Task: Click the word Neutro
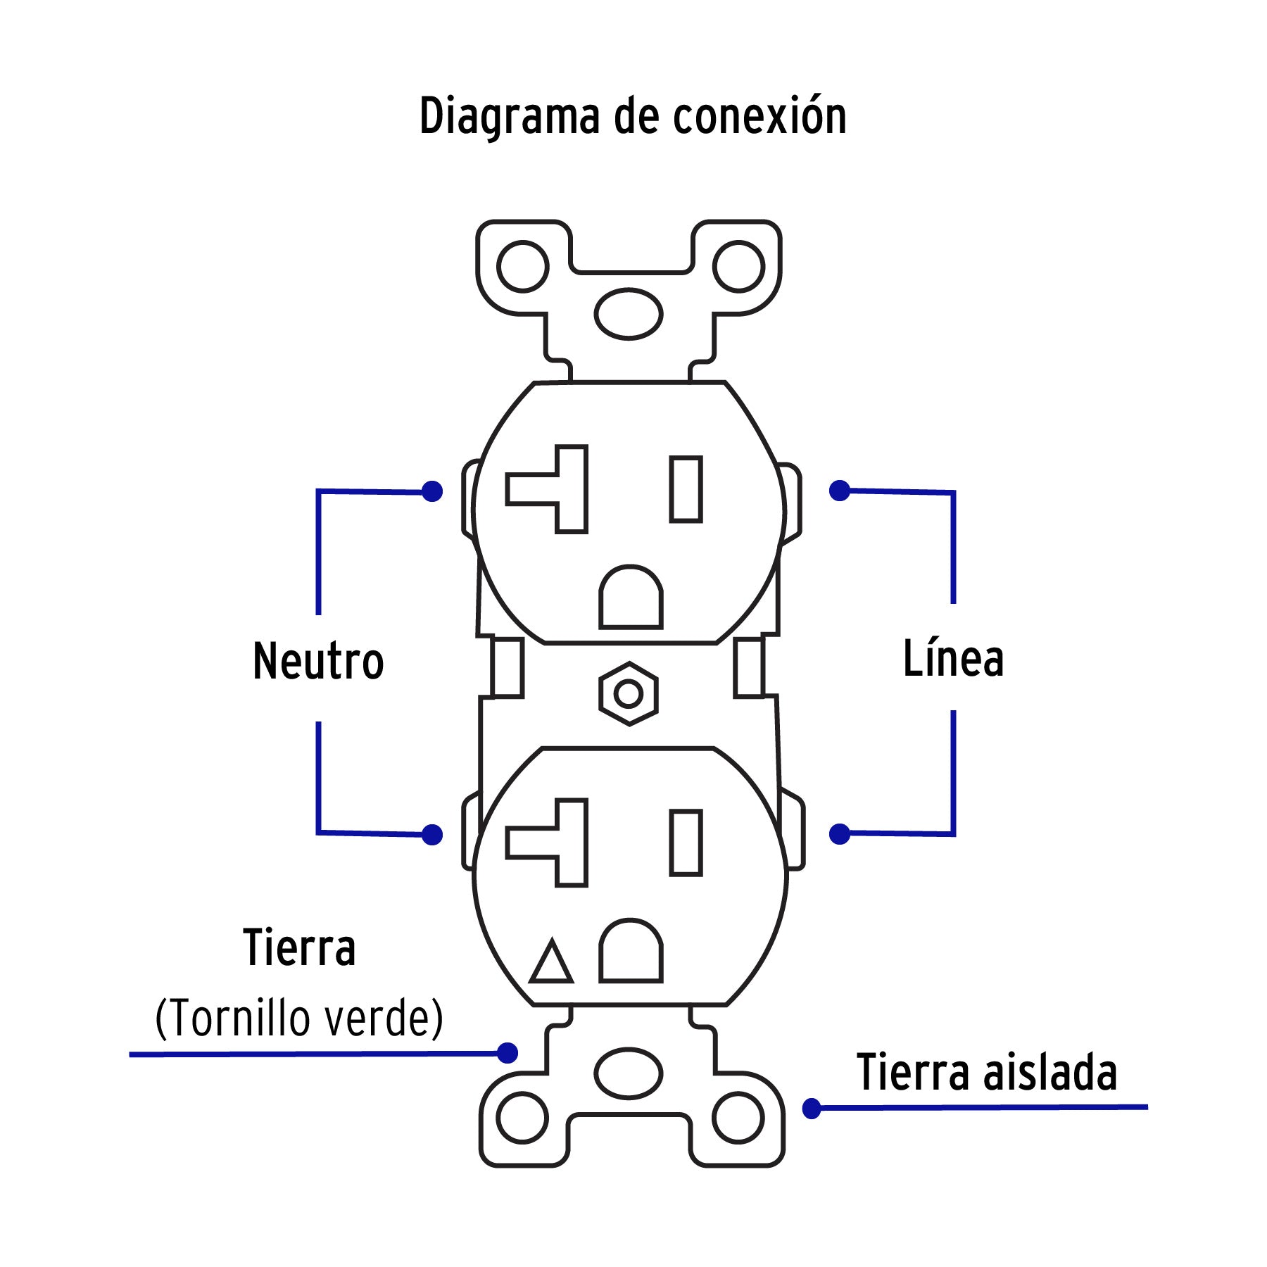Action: (x=318, y=662)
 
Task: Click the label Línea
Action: (x=953, y=659)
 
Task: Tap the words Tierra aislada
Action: (x=987, y=1073)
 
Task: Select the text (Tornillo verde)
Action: (x=299, y=1018)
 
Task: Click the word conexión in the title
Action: (x=759, y=117)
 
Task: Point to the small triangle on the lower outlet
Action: (x=551, y=962)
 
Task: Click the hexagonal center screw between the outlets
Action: (x=629, y=694)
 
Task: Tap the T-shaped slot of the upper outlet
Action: (x=556, y=488)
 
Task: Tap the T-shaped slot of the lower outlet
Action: (x=556, y=843)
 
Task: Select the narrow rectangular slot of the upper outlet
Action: (x=686, y=489)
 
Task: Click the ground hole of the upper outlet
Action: (x=631, y=598)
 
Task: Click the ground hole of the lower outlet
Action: (x=631, y=952)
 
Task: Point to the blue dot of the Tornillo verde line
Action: (x=508, y=1053)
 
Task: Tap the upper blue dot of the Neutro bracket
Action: (x=432, y=491)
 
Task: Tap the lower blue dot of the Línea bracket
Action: (x=839, y=834)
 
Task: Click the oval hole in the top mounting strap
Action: (x=629, y=314)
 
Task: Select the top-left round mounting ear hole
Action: (x=522, y=267)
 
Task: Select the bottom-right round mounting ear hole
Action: (x=738, y=1118)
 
